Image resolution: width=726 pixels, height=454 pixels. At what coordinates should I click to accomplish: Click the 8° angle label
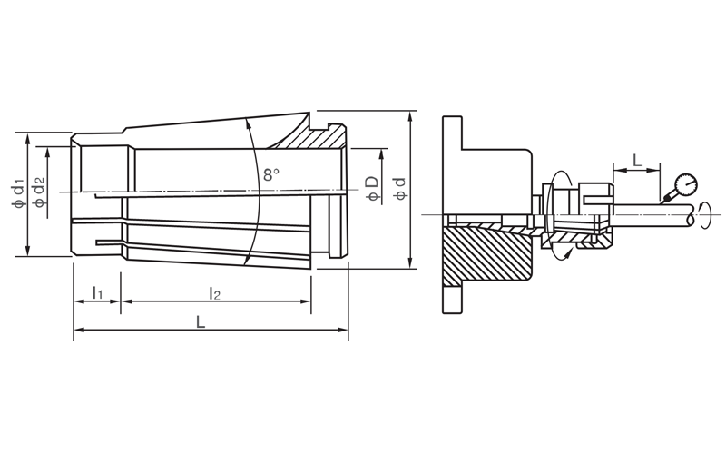point(271,174)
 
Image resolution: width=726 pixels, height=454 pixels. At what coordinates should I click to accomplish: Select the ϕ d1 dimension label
point(18,192)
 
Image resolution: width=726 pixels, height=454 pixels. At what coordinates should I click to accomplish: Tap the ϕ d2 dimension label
point(39,192)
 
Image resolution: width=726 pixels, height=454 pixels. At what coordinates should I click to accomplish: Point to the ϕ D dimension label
point(372,189)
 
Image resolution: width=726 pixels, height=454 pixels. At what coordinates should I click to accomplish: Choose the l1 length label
point(97,292)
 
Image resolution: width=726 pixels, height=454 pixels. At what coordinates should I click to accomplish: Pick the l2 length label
point(214,292)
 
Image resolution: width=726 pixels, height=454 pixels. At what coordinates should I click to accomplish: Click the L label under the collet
point(200,321)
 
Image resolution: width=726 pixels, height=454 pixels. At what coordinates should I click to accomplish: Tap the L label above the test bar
point(638,161)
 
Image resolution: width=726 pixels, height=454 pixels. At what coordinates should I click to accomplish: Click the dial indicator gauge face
point(686,184)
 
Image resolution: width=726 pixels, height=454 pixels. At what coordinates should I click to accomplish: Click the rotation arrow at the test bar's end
point(705,215)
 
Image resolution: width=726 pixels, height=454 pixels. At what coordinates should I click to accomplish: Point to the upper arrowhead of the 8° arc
point(248,122)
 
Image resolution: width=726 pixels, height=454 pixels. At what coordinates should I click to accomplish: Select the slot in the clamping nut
point(598,200)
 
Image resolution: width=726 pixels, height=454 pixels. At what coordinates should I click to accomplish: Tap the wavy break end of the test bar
point(691,215)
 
